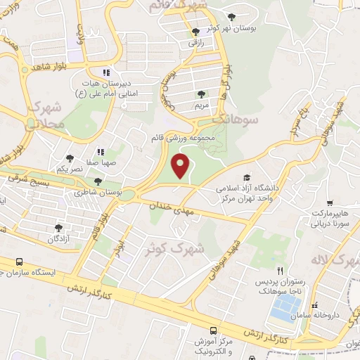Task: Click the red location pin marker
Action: [x=181, y=167]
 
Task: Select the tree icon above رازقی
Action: [x=196, y=31]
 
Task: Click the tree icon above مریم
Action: [x=201, y=94]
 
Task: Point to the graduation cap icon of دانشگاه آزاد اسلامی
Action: [x=246, y=177]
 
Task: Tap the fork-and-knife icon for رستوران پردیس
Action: [x=280, y=271]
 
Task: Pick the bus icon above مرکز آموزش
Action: [x=213, y=330]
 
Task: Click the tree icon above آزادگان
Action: [x=58, y=227]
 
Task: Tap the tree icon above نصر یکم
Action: [x=69, y=159]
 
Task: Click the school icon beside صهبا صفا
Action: [x=101, y=152]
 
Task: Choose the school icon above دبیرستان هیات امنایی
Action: [x=106, y=72]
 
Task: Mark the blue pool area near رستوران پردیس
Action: [x=286, y=305]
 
